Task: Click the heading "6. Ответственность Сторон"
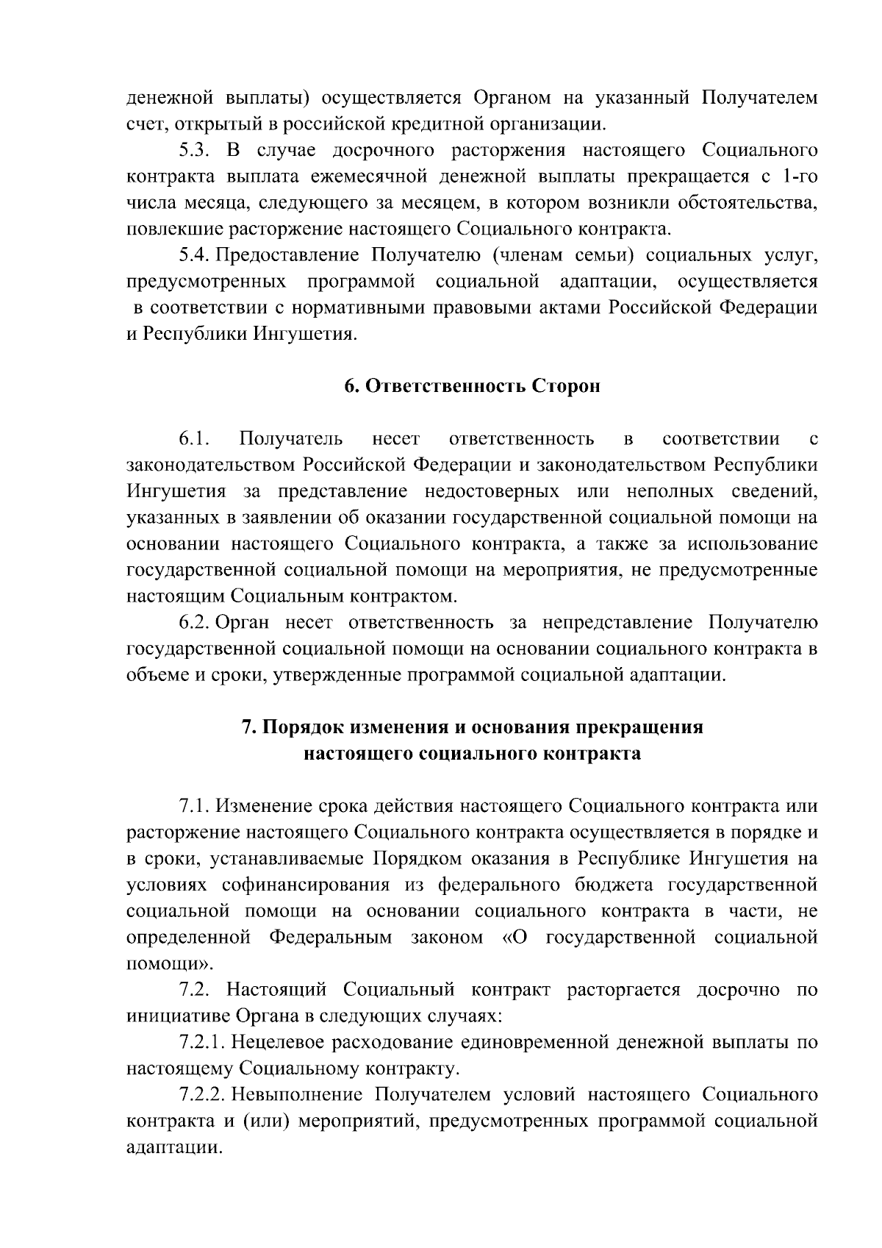(472, 387)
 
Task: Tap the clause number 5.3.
(196, 151)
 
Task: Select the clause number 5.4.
(196, 255)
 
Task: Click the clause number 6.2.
(196, 623)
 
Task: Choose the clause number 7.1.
(195, 806)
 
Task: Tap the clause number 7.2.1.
(203, 1042)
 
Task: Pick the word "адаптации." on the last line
(173, 1147)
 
